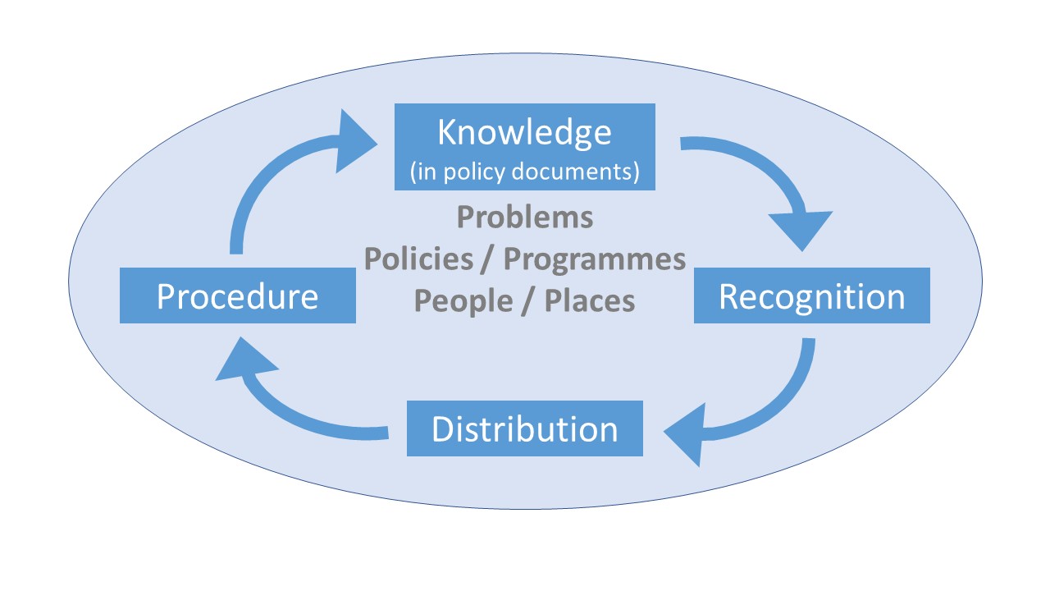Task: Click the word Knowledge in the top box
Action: coord(524,132)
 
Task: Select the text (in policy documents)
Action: coord(524,172)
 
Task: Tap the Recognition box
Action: coord(812,295)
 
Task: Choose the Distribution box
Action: coord(525,428)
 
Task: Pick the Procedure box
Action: coord(238,295)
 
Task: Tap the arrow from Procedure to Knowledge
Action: coord(262,181)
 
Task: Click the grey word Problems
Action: coord(524,218)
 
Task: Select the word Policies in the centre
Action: coord(418,259)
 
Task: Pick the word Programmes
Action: coord(594,259)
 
